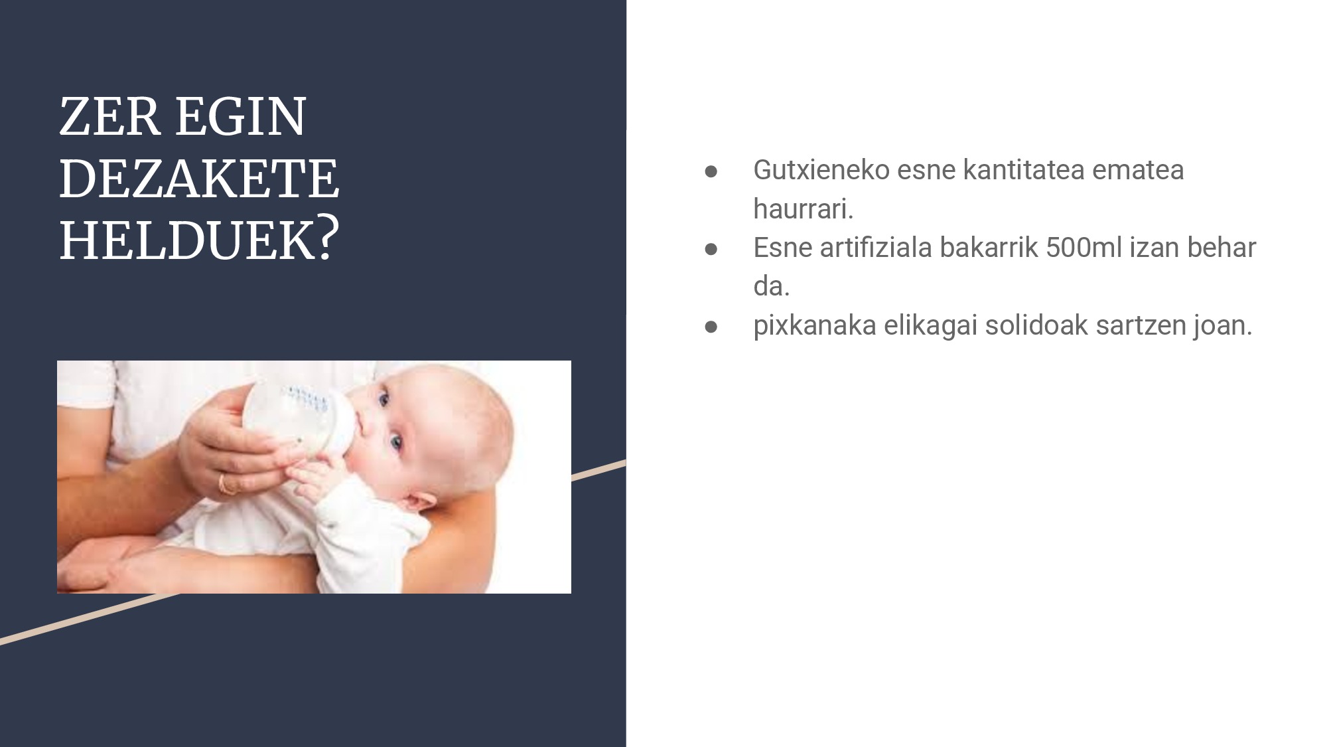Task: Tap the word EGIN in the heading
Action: (240, 117)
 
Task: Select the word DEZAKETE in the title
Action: (199, 179)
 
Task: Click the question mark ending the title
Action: (324, 239)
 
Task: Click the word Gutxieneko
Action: (821, 170)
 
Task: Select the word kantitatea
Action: (1023, 170)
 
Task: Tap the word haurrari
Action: (803, 209)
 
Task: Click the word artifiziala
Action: (876, 248)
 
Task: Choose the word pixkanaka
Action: (815, 326)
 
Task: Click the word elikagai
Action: (930, 326)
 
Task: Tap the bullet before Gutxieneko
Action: (711, 171)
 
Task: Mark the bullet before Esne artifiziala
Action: (711, 249)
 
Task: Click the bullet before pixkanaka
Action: (711, 327)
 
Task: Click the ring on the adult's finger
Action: (227, 485)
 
